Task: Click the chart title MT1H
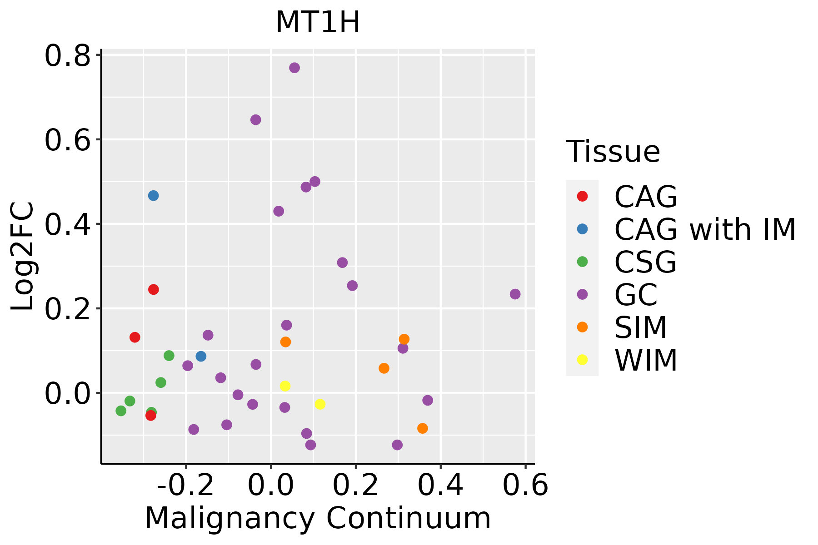[x=318, y=22]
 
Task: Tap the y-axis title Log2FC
[x=23, y=257]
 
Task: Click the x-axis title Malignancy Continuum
[x=318, y=518]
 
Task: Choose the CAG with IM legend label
[x=705, y=229]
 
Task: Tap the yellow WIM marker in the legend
[x=582, y=360]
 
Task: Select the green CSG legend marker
[x=582, y=262]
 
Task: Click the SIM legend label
[x=640, y=327]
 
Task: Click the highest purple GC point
[x=294, y=68]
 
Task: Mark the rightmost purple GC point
[x=515, y=294]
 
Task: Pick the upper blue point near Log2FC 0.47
[x=154, y=196]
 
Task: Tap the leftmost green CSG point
[x=121, y=411]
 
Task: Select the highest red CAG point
[x=154, y=290]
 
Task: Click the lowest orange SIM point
[x=423, y=428]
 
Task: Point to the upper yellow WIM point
[x=285, y=386]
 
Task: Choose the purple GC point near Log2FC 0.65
[x=256, y=120]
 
